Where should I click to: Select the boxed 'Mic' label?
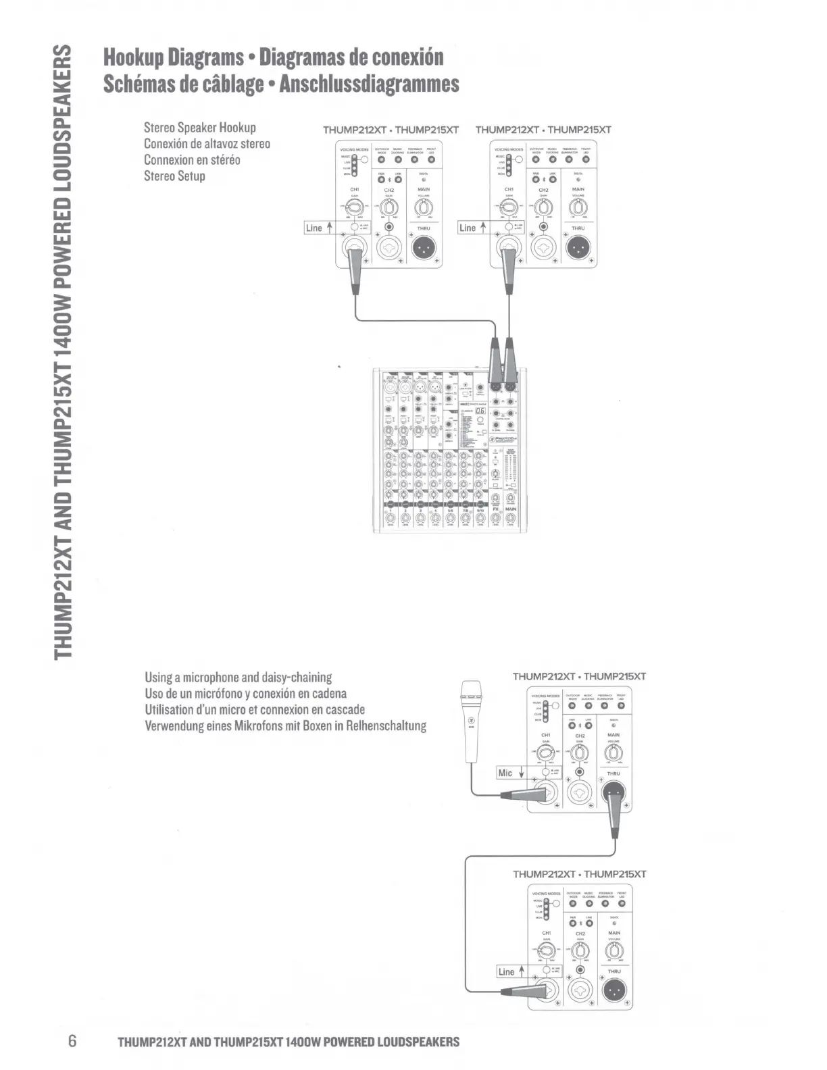pos(505,773)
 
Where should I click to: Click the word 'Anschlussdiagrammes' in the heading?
pos(369,84)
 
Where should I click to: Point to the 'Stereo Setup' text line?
pos(174,176)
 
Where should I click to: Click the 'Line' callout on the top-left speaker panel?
pos(314,228)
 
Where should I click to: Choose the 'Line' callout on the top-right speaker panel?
pos(468,228)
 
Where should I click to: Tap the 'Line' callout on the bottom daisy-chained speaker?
pos(506,971)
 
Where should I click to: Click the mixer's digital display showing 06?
pos(480,411)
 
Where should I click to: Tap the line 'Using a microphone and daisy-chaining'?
pos(238,677)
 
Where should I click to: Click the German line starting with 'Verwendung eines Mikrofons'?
pos(285,726)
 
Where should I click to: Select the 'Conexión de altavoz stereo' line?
pos(207,144)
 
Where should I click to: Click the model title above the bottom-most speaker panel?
pos(579,874)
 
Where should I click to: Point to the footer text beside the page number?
pos(289,1041)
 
